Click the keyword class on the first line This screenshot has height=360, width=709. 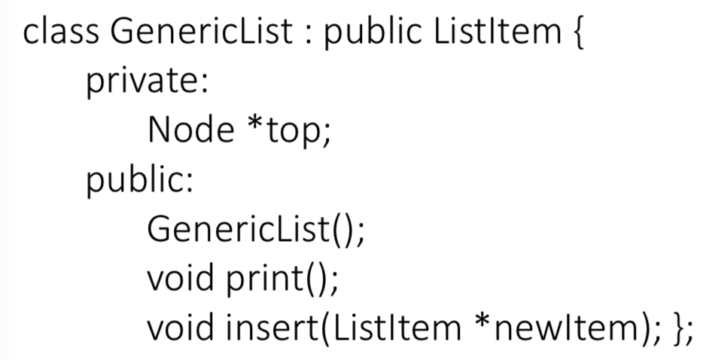[61, 35]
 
